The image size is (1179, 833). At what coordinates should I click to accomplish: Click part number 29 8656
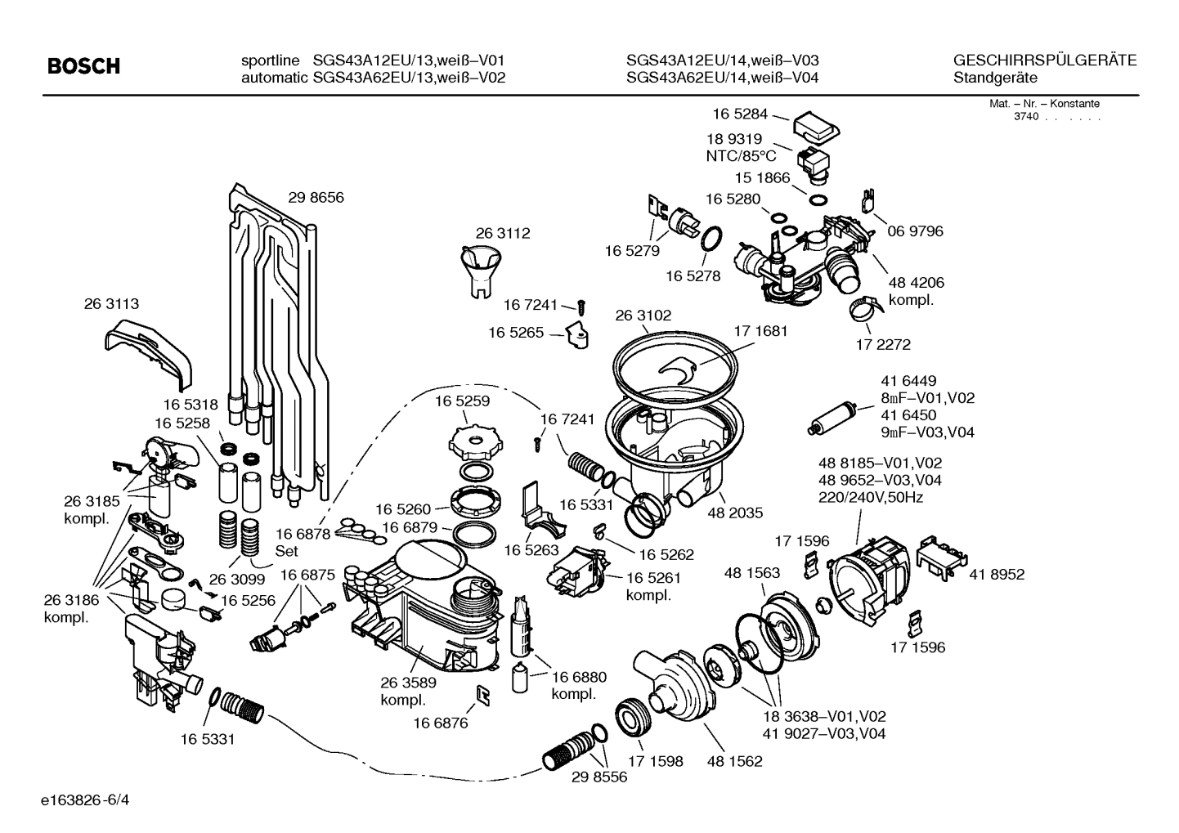(x=316, y=197)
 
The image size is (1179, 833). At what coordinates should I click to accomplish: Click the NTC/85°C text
(x=741, y=156)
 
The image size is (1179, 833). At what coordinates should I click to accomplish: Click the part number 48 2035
(x=735, y=513)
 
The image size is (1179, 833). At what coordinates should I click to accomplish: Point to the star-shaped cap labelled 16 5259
(x=473, y=441)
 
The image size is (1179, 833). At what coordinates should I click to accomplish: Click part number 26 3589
(x=408, y=683)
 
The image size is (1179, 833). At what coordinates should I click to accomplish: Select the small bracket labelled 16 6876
(x=482, y=695)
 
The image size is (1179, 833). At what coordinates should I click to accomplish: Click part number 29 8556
(x=599, y=777)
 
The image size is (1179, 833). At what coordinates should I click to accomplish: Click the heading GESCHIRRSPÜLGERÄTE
(x=1045, y=60)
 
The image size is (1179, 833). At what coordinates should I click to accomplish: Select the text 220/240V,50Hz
(x=870, y=497)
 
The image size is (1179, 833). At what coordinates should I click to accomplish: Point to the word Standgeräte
(x=995, y=78)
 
